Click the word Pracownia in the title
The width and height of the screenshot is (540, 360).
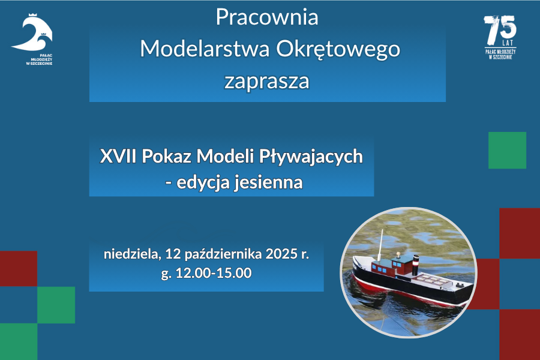point(267,17)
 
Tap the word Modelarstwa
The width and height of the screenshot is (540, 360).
point(205,49)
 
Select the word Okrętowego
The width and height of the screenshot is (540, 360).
point(338,50)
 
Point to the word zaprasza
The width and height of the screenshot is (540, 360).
point(267,82)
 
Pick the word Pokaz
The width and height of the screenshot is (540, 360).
point(166,156)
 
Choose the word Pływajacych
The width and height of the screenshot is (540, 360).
point(311,157)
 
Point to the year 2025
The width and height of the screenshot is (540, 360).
point(281,254)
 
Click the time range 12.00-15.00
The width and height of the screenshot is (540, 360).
point(214,273)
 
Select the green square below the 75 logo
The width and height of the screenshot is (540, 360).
point(507,150)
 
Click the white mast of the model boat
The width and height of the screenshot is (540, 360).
point(380,245)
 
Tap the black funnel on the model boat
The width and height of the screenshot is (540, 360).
point(416,265)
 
